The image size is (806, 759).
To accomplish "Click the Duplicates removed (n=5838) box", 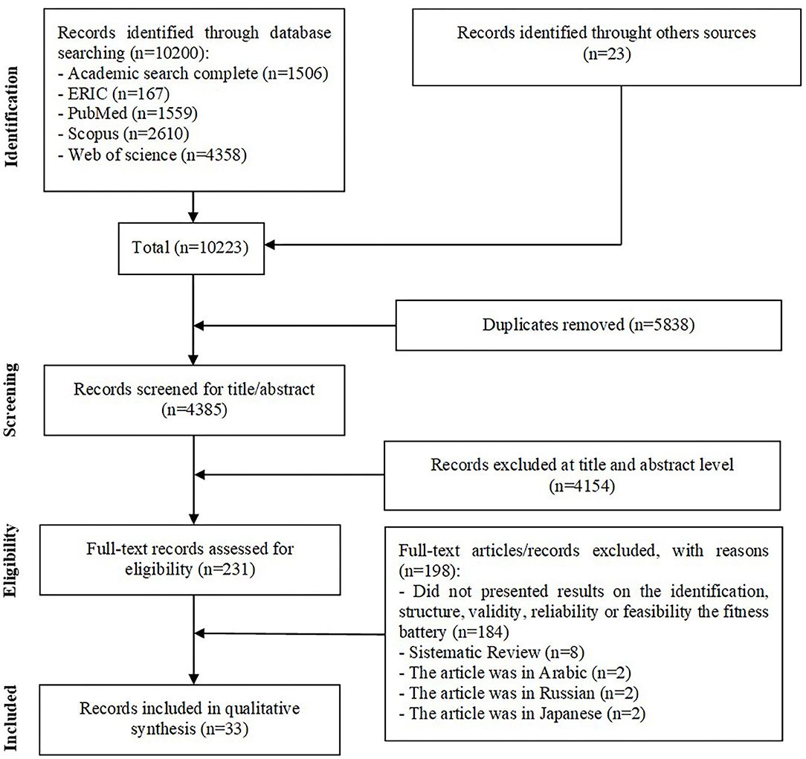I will pos(587,325).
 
